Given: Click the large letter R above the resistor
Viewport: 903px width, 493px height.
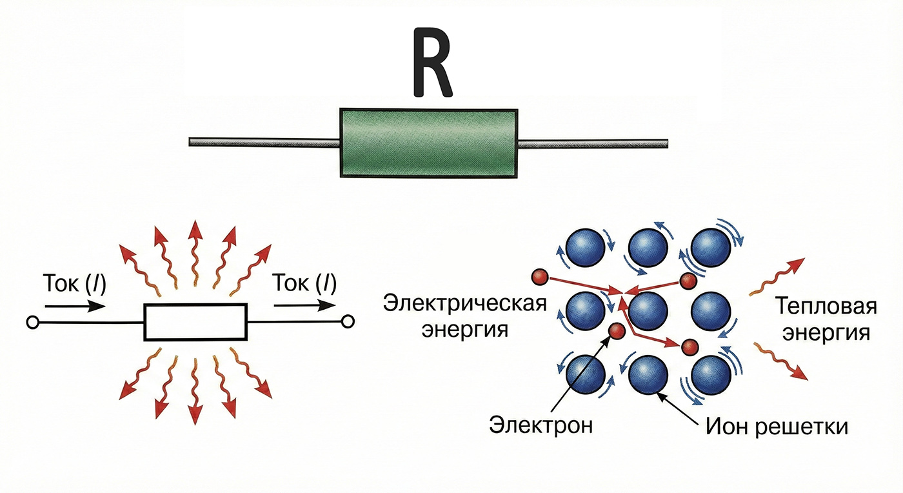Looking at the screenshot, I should pos(432,63).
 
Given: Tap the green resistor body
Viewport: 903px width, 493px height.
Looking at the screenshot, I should pos(429,143).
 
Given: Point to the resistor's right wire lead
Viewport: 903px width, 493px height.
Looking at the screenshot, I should pos(593,143).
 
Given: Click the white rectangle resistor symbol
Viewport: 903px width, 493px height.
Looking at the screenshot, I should pos(195,321).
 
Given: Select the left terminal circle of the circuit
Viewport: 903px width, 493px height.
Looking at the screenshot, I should pos(30,321).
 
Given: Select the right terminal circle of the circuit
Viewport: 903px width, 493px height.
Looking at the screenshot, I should pos(349,321).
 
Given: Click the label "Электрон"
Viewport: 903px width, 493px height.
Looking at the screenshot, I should pos(541,426).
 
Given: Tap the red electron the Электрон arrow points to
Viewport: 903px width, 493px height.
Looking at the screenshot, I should pos(617,332).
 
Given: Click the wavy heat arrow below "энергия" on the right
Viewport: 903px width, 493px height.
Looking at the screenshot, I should pos(780,362).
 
